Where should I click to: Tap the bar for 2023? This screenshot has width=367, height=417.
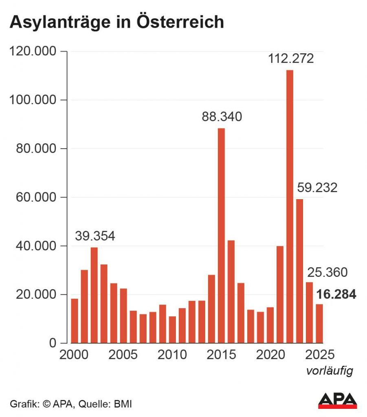tap(299, 271)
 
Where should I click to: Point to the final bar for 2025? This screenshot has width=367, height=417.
tap(319, 323)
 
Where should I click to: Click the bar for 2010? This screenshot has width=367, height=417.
tap(172, 329)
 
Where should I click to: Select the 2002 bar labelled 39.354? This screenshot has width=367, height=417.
tap(94, 295)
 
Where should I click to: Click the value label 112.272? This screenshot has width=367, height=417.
tap(291, 59)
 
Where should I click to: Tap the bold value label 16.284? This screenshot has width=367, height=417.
tap(336, 294)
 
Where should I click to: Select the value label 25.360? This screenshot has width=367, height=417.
tap(327, 272)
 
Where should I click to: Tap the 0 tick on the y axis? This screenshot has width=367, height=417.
tap(52, 343)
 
